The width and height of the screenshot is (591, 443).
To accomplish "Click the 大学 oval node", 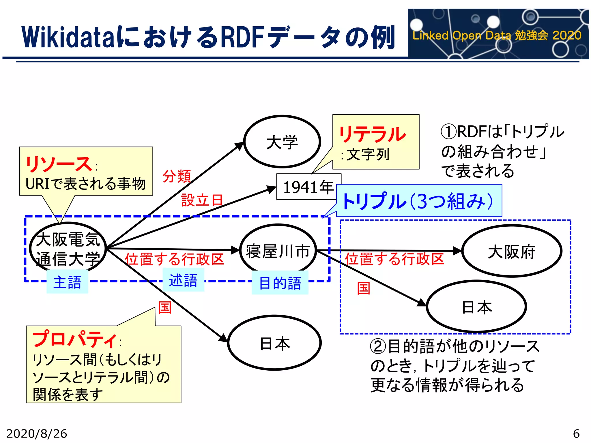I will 282,142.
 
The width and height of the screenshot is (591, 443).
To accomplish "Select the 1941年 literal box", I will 308,187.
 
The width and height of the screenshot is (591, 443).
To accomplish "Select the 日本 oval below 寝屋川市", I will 274,343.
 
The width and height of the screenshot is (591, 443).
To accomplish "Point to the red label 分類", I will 177,176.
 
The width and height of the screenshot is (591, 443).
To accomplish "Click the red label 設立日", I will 202,200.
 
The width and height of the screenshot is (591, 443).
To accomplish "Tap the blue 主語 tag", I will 68,282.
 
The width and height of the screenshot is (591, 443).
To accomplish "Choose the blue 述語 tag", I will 183,280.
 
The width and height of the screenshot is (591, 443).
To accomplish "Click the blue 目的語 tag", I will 280,283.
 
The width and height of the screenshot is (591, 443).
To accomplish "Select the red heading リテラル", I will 372,134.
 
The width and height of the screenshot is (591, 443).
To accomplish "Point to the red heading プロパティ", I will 74,339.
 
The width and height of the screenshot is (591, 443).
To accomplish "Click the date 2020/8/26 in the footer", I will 37,433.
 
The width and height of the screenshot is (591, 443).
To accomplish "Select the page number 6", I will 576,433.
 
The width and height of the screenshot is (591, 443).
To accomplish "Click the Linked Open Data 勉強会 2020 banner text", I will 497,35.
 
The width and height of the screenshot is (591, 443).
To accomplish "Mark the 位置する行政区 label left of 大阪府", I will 394,259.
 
